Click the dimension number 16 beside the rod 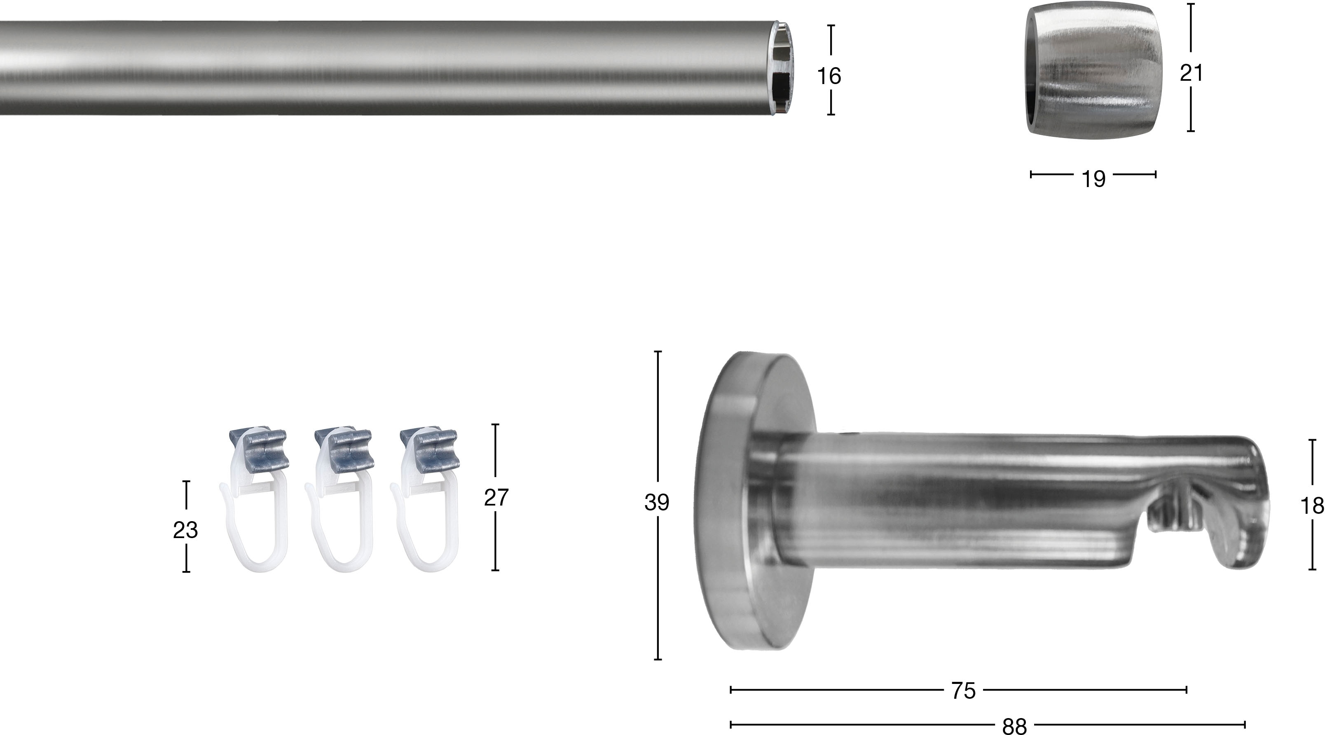coord(829,76)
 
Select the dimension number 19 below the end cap coord(1093,179)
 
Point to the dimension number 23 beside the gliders coord(185,530)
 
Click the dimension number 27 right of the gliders coord(496,497)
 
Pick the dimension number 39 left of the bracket coord(657,503)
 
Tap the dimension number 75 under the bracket coord(963,691)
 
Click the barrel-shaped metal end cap coord(1091,71)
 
